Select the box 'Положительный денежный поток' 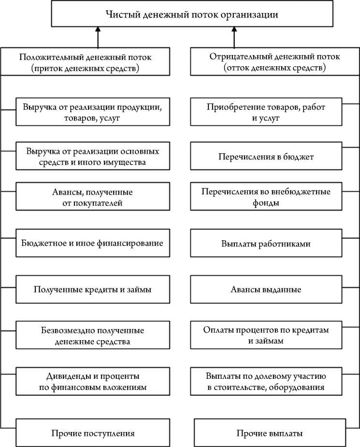click(85, 62)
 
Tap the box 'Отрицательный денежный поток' click(274, 62)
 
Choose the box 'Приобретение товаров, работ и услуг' click(266, 112)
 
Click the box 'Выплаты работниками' click(266, 244)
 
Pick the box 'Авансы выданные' click(266, 289)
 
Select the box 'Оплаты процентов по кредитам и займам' click(266, 335)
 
